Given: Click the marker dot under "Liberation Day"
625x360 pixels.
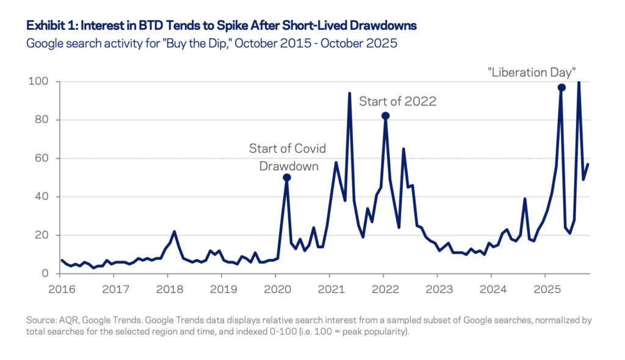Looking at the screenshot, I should tap(562, 87).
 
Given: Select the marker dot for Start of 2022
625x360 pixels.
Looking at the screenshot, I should tap(385, 116).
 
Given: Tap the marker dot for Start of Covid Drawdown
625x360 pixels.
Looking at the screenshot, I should tap(287, 178).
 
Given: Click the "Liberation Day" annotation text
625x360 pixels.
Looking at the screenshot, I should tap(532, 72).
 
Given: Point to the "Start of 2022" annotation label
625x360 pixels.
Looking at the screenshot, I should tap(397, 101).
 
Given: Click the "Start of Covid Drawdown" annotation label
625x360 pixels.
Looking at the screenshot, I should tap(287, 157).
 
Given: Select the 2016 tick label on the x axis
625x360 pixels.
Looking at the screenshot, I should tap(61, 288).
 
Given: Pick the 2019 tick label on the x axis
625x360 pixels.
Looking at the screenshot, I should tap(222, 288).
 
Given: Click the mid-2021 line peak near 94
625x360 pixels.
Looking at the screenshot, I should tap(349, 93).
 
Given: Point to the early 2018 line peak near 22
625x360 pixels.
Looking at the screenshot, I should tap(174, 232).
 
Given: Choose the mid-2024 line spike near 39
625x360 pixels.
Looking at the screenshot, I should tap(525, 199).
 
